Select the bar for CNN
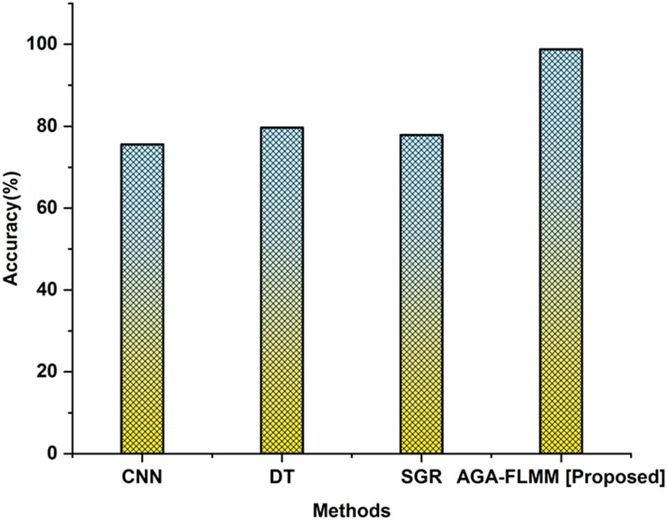pyautogui.click(x=142, y=299)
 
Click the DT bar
pyautogui.click(x=281, y=290)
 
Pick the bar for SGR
pyautogui.click(x=421, y=294)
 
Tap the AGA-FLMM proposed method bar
pyautogui.click(x=560, y=251)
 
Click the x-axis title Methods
pyautogui.click(x=351, y=510)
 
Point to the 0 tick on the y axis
pyautogui.click(x=52, y=454)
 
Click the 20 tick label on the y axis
pyautogui.click(x=47, y=372)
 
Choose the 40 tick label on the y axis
pyautogui.click(x=47, y=290)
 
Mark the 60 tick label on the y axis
pyautogui.click(x=47, y=208)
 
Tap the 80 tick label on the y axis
pyautogui.click(x=47, y=127)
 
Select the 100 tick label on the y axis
pyautogui.click(x=42, y=44)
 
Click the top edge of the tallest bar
pyautogui.click(x=560, y=49)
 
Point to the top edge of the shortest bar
pyautogui.click(x=142, y=144)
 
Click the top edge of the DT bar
pyautogui.click(x=281, y=127)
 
